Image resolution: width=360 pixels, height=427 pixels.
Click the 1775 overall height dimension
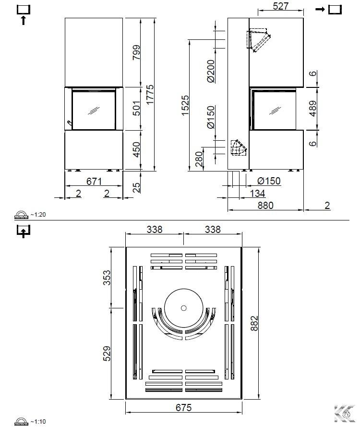(150, 95)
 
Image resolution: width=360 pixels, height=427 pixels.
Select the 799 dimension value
(136, 52)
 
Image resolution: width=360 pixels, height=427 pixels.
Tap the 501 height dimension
(136, 108)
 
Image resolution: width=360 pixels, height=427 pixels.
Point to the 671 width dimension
(94, 181)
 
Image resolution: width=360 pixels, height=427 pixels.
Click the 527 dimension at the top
(280, 6)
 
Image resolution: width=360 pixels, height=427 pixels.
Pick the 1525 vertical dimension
(185, 105)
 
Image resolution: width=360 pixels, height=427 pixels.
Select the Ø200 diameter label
(211, 71)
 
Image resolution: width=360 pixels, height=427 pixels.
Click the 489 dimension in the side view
(313, 109)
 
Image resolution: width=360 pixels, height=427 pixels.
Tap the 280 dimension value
(199, 159)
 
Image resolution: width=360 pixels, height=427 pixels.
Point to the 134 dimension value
(257, 194)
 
